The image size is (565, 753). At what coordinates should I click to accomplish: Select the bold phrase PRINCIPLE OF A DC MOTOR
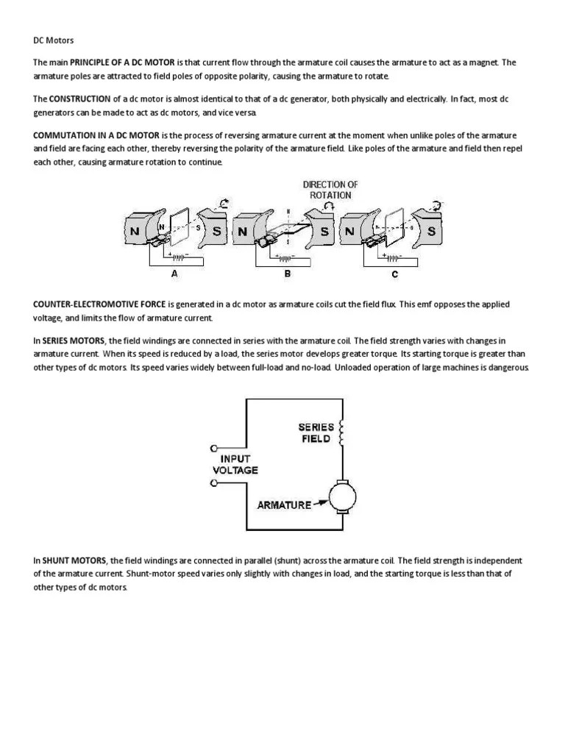[x=121, y=62]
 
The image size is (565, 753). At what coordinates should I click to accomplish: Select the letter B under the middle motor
[x=288, y=274]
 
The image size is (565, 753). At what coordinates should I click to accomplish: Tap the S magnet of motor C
[x=433, y=230]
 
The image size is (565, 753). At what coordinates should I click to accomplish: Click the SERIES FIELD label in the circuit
[x=316, y=433]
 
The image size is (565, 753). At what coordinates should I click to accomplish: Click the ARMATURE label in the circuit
[x=283, y=505]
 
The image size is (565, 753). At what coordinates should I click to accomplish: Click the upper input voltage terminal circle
[x=214, y=448]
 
